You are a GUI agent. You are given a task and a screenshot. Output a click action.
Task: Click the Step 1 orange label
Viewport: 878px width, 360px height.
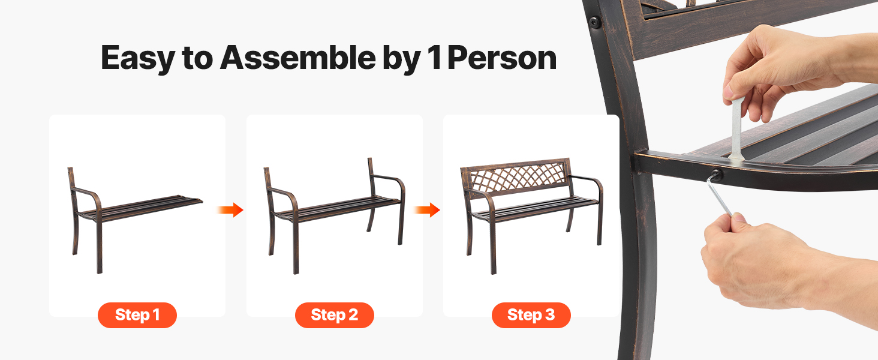(137, 315)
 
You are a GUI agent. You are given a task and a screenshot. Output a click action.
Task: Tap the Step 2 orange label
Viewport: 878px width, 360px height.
(334, 315)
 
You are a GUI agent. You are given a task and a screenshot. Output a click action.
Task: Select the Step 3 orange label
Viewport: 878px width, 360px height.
(531, 315)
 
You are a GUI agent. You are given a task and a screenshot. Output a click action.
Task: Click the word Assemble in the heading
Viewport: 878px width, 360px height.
(298, 58)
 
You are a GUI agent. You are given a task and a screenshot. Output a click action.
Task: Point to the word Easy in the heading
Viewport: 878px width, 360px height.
(138, 59)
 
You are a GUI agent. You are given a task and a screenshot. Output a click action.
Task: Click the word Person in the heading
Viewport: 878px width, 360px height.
(502, 58)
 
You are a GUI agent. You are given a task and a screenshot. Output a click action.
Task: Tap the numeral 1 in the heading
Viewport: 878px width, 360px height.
(435, 58)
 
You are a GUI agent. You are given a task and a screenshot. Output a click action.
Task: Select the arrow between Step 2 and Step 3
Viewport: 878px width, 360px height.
(427, 210)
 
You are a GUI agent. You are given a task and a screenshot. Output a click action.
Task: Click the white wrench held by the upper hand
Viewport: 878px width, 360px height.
(737, 128)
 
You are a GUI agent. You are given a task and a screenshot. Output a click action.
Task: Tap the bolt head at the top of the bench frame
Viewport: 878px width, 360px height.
(594, 22)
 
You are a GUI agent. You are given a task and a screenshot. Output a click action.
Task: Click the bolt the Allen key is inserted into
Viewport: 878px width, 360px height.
(716, 175)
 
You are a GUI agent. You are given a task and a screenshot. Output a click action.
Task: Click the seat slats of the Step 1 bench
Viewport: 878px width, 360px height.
(141, 207)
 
